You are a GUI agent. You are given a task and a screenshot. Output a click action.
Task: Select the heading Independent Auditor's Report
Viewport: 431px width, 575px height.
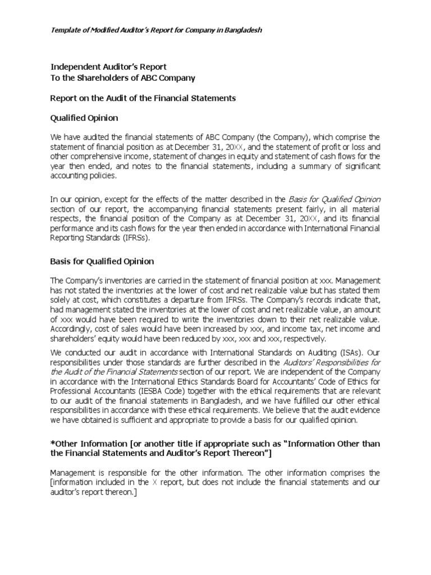109,67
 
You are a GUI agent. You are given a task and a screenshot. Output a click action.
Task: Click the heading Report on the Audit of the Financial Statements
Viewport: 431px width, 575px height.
143,98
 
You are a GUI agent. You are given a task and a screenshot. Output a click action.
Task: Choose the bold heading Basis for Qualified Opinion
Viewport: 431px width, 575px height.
102,262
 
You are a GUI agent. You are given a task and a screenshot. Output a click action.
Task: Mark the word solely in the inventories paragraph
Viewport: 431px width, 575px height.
61,300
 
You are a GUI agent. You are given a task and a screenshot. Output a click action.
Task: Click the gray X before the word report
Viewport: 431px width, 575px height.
155,482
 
